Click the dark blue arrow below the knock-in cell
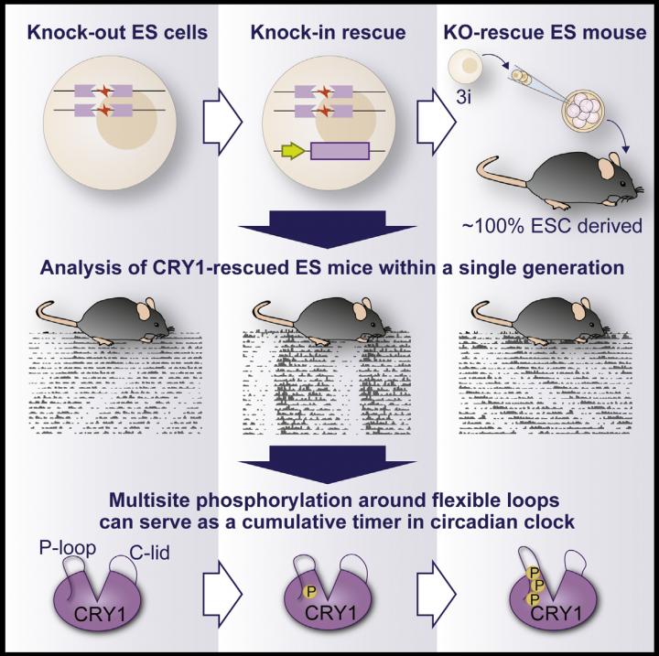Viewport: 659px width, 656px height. pos(327,229)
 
